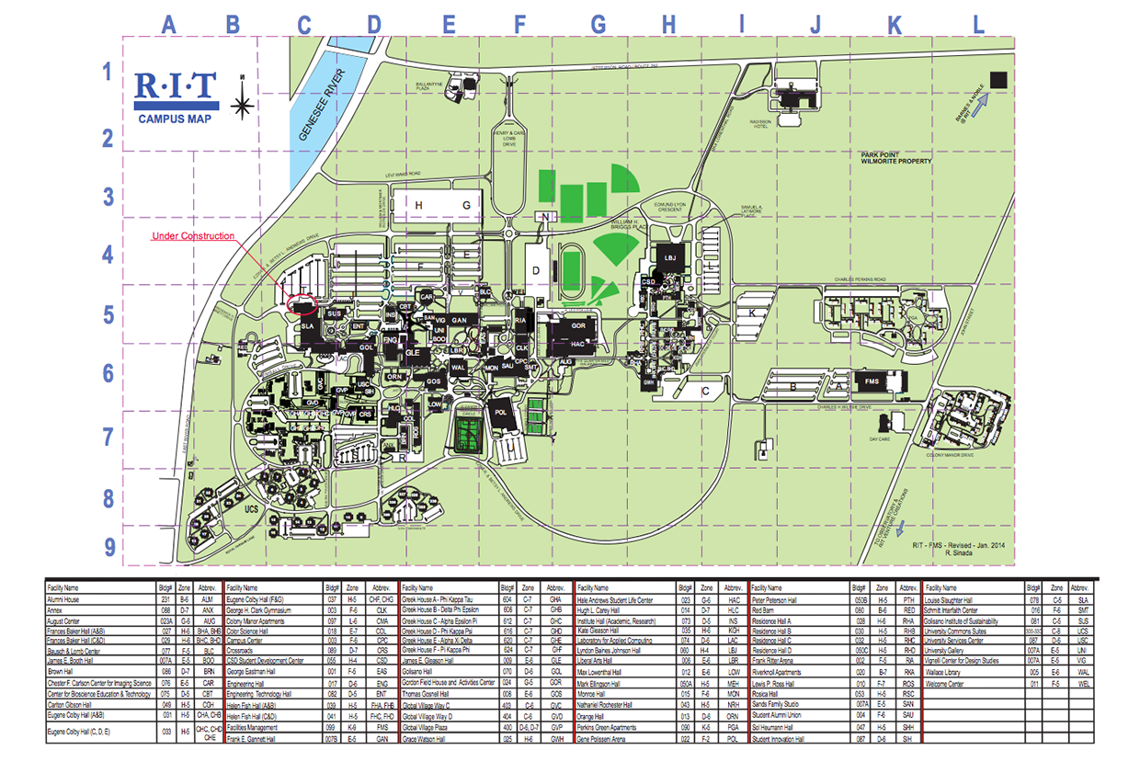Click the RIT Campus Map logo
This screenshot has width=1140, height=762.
click(177, 97)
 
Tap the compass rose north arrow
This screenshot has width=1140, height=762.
click(242, 103)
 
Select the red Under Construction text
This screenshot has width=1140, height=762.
click(193, 236)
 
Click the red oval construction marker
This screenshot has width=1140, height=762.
click(302, 301)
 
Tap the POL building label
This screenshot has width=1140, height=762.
click(501, 413)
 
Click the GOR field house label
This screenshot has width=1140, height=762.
click(578, 326)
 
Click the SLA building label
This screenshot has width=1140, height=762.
click(309, 327)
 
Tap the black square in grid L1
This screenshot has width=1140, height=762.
click(998, 80)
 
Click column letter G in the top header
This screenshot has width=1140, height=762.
click(598, 25)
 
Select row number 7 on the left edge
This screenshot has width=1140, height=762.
click(108, 434)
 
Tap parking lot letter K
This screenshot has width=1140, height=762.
click(753, 313)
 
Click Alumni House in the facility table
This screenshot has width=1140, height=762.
click(64, 598)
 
